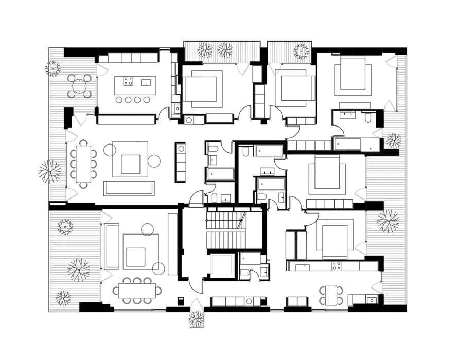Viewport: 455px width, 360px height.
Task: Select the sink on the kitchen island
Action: [x=146, y=82]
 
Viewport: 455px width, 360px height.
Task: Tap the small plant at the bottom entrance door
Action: [x=197, y=319]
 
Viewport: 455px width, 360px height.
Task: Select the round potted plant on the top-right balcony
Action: [x=301, y=51]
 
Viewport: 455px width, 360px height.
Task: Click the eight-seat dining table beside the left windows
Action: [x=83, y=161]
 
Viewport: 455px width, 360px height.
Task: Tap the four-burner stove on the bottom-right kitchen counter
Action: [x=336, y=266]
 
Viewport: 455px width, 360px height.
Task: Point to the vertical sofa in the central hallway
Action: [x=180, y=161]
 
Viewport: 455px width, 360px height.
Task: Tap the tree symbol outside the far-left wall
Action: [x=50, y=171]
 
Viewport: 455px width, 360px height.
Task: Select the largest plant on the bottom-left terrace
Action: [x=78, y=269]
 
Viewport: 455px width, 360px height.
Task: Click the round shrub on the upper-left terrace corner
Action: [x=53, y=68]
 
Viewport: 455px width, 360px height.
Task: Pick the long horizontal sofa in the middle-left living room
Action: [x=129, y=188]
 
